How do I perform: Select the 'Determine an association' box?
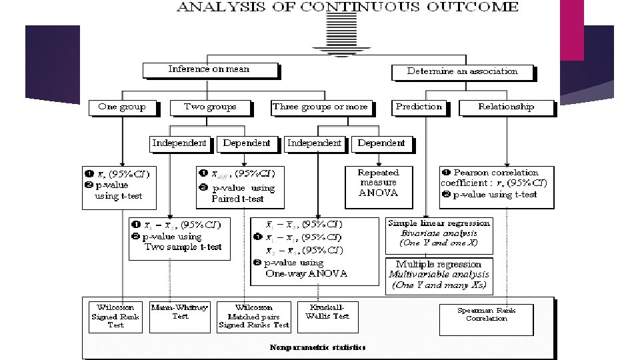[463, 71]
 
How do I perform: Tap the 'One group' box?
[121, 107]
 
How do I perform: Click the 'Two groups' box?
[211, 107]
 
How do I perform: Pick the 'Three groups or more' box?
[320, 107]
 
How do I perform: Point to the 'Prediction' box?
[419, 107]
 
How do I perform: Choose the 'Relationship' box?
[506, 107]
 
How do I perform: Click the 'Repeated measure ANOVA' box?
[378, 183]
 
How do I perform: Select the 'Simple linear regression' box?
[439, 233]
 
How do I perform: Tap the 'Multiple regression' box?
[439, 274]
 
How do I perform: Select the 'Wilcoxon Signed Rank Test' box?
[116, 317]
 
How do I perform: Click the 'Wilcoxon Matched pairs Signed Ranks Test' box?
[254, 317]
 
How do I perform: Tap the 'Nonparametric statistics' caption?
[318, 347]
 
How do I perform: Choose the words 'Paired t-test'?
[238, 199]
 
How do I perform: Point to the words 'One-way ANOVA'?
[306, 273]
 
